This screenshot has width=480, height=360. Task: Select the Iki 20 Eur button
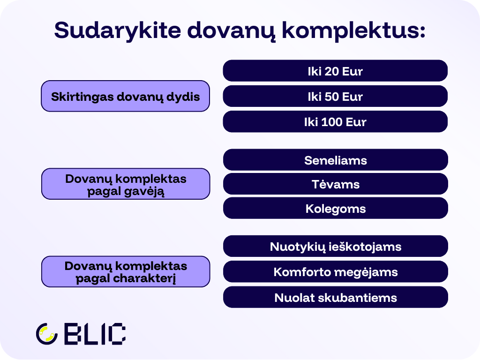335,71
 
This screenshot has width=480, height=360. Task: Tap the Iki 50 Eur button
335,97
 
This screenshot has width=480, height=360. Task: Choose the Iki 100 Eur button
335,122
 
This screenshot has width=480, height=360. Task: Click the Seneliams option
335,160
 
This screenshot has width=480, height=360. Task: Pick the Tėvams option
335,184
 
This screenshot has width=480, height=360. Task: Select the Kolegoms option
335,209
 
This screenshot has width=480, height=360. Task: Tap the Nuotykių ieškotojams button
335,247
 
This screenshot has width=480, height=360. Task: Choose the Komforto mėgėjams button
335,272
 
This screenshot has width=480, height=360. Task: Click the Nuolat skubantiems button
335,298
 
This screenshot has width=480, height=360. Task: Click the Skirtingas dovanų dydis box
125,97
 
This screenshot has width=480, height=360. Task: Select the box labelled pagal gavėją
125,184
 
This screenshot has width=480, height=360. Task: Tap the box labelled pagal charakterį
125,272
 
